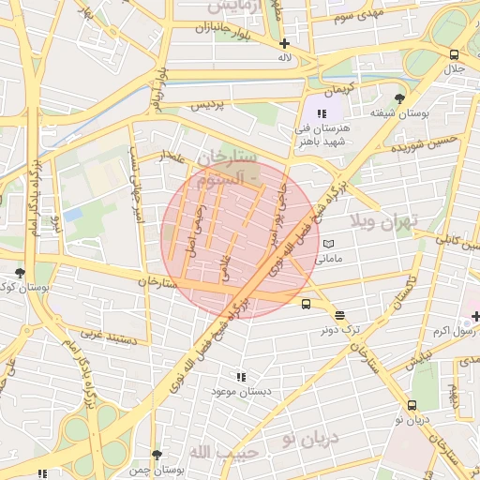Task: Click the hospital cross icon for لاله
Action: [x=284, y=43]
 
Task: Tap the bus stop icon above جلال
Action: [x=454, y=54]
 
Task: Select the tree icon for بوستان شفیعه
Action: [x=400, y=98]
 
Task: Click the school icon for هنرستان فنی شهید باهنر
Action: [x=323, y=112]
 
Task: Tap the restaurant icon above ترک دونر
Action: [x=338, y=316]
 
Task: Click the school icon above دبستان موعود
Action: [x=242, y=376]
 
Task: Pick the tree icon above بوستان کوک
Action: [x=20, y=273]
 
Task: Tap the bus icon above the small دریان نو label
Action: [x=412, y=406]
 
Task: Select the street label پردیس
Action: [x=210, y=106]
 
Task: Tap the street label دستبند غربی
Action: [x=109, y=334]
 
